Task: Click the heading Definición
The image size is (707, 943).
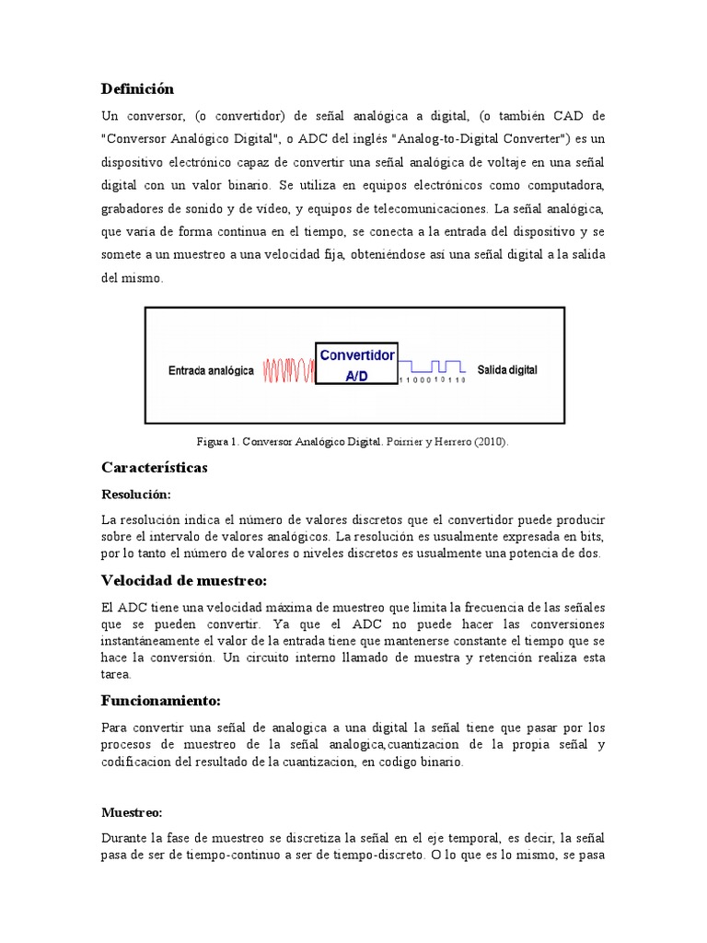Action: click(136, 89)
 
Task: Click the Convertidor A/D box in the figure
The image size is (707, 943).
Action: click(356, 365)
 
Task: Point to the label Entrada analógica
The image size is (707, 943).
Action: click(211, 370)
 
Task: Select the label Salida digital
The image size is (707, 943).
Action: click(507, 369)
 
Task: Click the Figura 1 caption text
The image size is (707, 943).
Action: click(353, 442)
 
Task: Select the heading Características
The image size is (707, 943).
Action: click(154, 468)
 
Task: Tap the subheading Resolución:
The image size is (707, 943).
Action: click(135, 495)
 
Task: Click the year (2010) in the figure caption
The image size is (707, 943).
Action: click(491, 442)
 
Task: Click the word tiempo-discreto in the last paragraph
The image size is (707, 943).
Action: click(355, 855)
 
